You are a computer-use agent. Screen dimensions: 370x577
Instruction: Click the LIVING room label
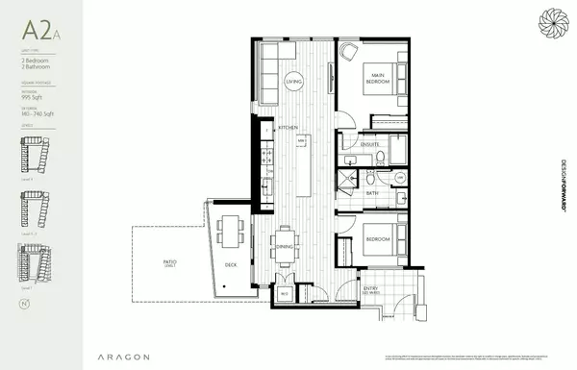pos(292,84)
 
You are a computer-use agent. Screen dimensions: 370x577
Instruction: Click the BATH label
pos(371,193)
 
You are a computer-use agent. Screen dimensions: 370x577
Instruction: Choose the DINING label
pos(286,246)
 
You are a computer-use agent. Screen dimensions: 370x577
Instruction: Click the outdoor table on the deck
pos(229,231)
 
